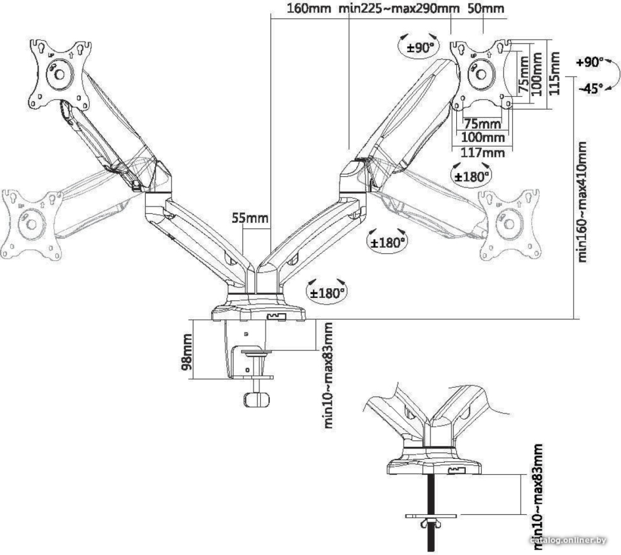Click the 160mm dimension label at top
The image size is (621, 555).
[x=308, y=8]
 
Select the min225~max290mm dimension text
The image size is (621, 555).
[x=399, y=8]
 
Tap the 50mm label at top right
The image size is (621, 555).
[x=486, y=8]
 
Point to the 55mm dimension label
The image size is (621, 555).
[x=250, y=218]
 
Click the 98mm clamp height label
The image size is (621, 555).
[x=186, y=352]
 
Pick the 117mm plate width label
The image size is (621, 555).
[x=483, y=152]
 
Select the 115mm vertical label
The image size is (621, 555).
[x=556, y=73]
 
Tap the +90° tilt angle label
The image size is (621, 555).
[x=589, y=63]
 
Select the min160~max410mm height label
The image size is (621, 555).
[x=581, y=202]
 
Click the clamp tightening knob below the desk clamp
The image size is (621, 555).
[x=257, y=399]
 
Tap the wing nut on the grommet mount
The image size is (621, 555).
[x=431, y=524]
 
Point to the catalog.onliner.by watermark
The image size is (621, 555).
[x=568, y=540]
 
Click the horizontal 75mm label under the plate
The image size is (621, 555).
[x=482, y=124]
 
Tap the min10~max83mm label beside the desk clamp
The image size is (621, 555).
[x=329, y=375]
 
